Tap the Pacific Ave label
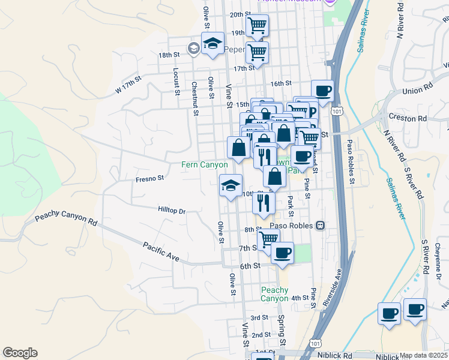(161, 251)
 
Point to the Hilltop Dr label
(172, 211)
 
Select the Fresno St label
(149, 178)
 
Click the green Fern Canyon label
(205, 164)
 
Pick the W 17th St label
(128, 85)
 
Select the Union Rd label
(418, 91)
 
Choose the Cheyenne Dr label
(439, 260)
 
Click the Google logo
(20, 353)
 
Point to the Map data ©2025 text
(423, 355)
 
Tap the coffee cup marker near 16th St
(322, 91)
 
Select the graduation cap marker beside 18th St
(212, 43)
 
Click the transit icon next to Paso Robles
(321, 226)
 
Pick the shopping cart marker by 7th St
(268, 239)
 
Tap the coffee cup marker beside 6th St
(282, 253)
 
